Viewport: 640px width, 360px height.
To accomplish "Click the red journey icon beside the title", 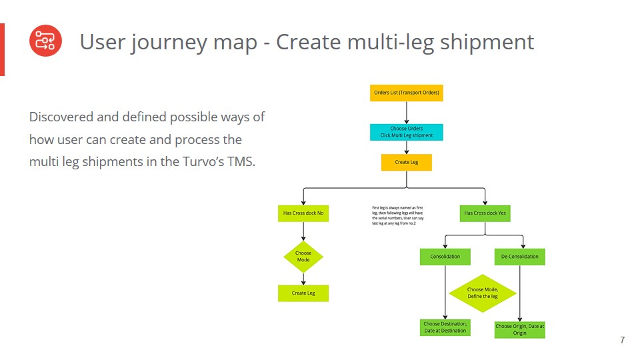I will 45,41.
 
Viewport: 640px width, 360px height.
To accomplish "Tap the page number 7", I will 622,341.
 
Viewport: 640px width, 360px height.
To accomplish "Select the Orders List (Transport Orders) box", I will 407,93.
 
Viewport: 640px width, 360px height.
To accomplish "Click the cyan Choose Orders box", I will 406,132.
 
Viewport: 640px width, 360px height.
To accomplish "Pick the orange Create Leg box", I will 407,162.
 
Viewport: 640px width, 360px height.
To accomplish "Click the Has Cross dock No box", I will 303,213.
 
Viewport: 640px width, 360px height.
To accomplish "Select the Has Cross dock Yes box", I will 485,213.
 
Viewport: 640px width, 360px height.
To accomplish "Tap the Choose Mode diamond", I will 303,257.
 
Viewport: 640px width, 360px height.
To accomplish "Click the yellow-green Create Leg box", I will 303,293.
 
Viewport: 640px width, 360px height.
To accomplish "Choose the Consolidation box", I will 445,257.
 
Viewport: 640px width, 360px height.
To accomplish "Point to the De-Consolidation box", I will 520,257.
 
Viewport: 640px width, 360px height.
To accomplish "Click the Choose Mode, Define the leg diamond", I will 483,293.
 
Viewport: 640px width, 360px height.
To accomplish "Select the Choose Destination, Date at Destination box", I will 445,327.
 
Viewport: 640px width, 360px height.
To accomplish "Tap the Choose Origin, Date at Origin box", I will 520,329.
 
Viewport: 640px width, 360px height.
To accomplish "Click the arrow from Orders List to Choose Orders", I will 407,112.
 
